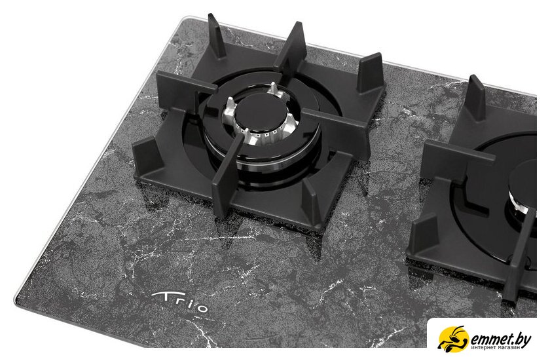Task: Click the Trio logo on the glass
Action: click(179, 302)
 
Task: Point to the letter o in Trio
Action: click(202, 309)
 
